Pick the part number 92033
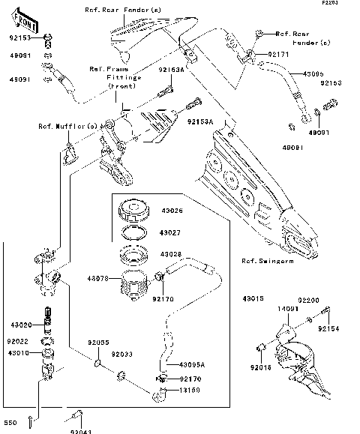122,354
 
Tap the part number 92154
328,328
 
